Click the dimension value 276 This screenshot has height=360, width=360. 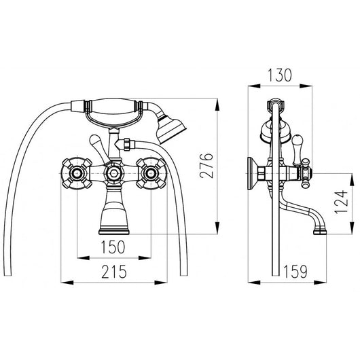[x=206, y=166]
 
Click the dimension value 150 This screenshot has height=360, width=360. [x=113, y=247]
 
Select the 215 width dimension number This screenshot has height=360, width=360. [x=114, y=272]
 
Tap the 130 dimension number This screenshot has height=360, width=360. [x=280, y=75]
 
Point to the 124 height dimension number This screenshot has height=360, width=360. [x=341, y=202]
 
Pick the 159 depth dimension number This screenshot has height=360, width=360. [x=295, y=272]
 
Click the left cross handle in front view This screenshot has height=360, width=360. [x=77, y=173]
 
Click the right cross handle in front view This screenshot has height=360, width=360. [x=151, y=173]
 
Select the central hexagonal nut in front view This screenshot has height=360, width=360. [x=114, y=173]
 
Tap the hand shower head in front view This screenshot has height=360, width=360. [x=171, y=130]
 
